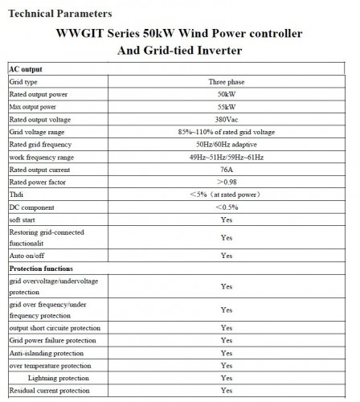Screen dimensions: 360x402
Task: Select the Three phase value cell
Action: click(x=226, y=81)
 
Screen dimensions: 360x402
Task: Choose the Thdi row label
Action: click(x=17, y=195)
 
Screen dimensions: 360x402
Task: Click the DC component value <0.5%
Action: click(x=226, y=207)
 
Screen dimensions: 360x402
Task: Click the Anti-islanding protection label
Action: click(x=46, y=352)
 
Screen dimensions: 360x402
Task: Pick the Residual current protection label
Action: click(x=49, y=390)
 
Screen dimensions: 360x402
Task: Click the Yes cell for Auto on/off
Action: click(x=226, y=254)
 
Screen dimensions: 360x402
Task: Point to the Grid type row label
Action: click(x=24, y=81)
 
